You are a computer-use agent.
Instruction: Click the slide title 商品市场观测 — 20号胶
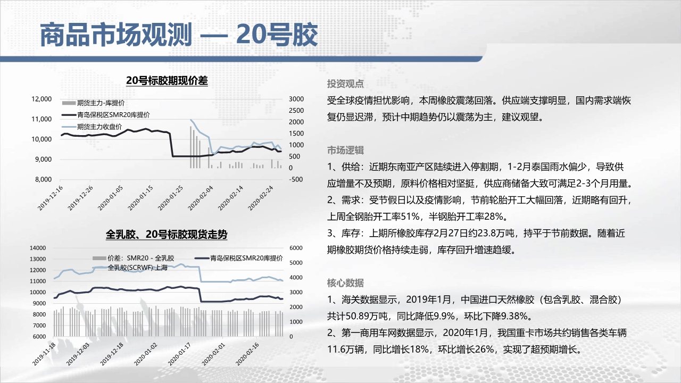point(179,35)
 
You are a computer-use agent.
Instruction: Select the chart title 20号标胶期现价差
point(167,81)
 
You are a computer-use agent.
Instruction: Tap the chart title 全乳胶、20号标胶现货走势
point(167,235)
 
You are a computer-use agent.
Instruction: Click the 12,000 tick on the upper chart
point(41,99)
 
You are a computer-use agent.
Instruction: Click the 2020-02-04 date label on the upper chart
point(201,198)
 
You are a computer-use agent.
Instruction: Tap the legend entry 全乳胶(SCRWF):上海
point(137,268)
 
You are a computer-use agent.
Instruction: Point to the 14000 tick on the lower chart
point(38,248)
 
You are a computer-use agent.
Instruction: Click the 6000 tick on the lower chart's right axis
point(296,248)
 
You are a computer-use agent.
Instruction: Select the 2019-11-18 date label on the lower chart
point(44,354)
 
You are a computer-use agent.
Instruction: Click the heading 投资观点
point(345,84)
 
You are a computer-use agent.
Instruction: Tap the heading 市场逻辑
point(345,150)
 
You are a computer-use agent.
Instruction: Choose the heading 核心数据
point(345,283)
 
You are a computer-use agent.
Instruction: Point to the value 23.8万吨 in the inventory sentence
point(496,234)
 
